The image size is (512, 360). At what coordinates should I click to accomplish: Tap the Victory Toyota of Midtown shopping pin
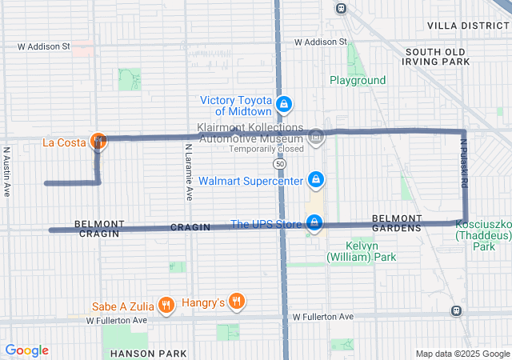pos(283,104)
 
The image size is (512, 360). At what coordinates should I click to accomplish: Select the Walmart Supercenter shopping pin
pos(316,180)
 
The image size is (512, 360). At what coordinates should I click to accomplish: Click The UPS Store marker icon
pos(315,223)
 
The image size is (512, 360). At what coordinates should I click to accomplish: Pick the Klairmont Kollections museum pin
pos(316,138)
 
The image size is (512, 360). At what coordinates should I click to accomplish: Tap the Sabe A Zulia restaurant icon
pos(166,303)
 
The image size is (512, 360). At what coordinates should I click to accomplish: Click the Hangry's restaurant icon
pos(236,302)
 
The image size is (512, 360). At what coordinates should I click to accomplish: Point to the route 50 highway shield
pos(278,163)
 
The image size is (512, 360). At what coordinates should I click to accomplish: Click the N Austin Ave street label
pos(6,170)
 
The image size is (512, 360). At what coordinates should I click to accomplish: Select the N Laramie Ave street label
pos(189,171)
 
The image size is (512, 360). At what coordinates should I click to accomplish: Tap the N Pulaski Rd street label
pos(463,164)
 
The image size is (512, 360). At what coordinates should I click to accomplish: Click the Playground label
pos(358,80)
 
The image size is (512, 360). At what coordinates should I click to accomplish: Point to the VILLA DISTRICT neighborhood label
pos(469,26)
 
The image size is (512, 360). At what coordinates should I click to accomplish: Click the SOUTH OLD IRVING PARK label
pos(436,56)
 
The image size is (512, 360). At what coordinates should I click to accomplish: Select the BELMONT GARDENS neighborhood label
pos(396,223)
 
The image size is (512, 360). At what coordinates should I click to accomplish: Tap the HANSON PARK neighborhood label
pos(149,354)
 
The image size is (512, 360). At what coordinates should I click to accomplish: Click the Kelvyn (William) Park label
pos(361,251)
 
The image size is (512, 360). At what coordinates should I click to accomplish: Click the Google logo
pos(26,350)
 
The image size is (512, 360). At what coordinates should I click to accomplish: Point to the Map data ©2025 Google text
pos(461,354)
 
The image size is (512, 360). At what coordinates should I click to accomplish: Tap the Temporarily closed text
pos(266,149)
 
